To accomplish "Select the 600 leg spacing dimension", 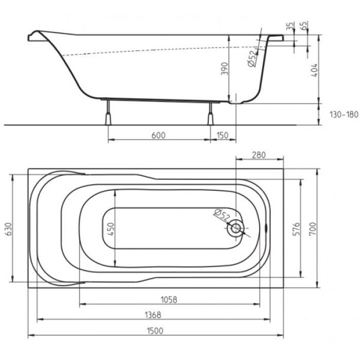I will coord(159,135).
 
